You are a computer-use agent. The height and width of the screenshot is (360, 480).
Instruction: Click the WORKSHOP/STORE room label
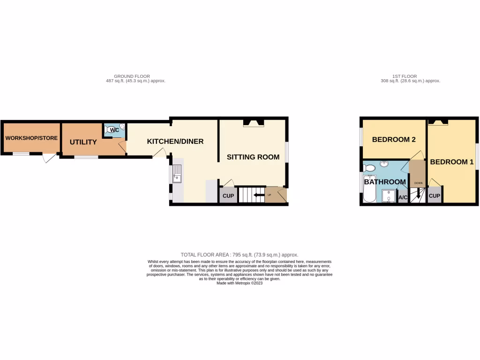pyautogui.click(x=31, y=138)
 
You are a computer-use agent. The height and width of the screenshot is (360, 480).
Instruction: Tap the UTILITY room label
pyautogui.click(x=83, y=142)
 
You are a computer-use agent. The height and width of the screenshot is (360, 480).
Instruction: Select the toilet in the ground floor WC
pyautogui.click(x=113, y=130)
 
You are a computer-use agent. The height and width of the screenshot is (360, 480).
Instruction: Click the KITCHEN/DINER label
pyautogui.click(x=175, y=141)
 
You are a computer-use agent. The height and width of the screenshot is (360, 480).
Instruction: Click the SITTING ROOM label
pyautogui.click(x=253, y=157)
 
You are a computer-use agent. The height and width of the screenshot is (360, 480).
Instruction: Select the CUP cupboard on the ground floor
pyautogui.click(x=228, y=196)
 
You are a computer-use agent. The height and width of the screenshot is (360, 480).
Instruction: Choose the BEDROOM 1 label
pyautogui.click(x=452, y=162)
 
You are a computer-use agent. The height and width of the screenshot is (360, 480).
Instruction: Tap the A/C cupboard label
pyautogui.click(x=403, y=198)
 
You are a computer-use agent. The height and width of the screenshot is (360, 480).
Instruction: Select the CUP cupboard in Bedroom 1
pyautogui.click(x=435, y=196)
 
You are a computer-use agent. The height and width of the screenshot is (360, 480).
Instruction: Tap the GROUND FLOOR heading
pyautogui.click(x=132, y=76)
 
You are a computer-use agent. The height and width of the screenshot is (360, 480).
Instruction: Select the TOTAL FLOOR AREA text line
pyautogui.click(x=239, y=255)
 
